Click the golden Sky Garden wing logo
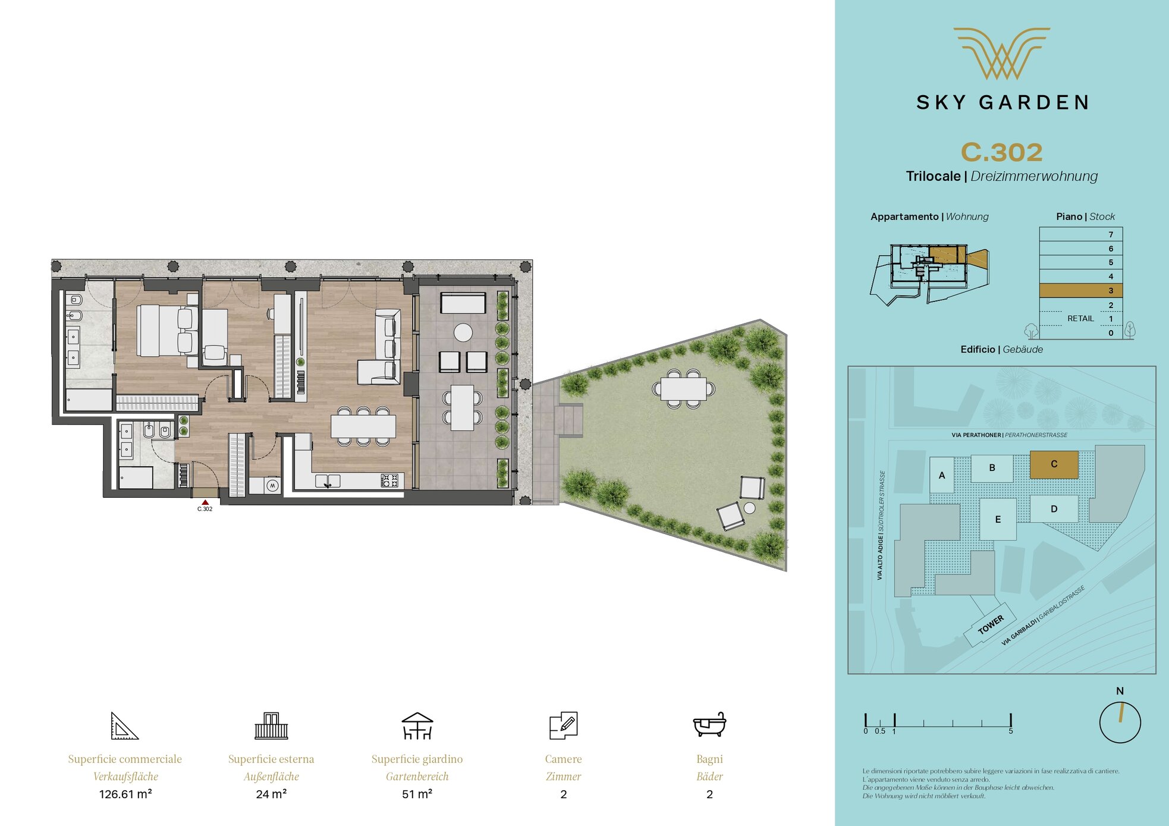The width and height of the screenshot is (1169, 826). point(1002,54)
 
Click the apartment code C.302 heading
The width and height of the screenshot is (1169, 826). point(1002,152)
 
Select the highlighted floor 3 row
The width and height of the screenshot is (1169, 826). point(1080,290)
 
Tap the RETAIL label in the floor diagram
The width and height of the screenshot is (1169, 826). point(1080,318)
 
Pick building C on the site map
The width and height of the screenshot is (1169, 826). point(1054,464)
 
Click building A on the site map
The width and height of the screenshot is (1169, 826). point(941,475)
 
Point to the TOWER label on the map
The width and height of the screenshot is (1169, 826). point(991,624)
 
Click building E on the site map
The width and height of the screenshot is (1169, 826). point(998,519)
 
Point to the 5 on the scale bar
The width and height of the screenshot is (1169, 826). point(1010,731)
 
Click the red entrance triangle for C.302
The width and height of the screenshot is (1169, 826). point(205,502)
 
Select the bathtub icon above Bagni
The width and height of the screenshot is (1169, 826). point(709,724)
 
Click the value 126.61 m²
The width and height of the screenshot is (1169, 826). point(125,794)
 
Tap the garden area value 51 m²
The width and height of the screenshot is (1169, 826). point(417,794)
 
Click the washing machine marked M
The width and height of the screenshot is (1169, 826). point(272,486)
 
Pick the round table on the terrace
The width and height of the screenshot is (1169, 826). point(463,332)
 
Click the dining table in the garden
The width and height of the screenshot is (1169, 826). point(684,389)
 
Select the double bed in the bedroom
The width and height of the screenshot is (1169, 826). point(167,331)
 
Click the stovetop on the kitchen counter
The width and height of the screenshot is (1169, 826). point(389,480)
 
